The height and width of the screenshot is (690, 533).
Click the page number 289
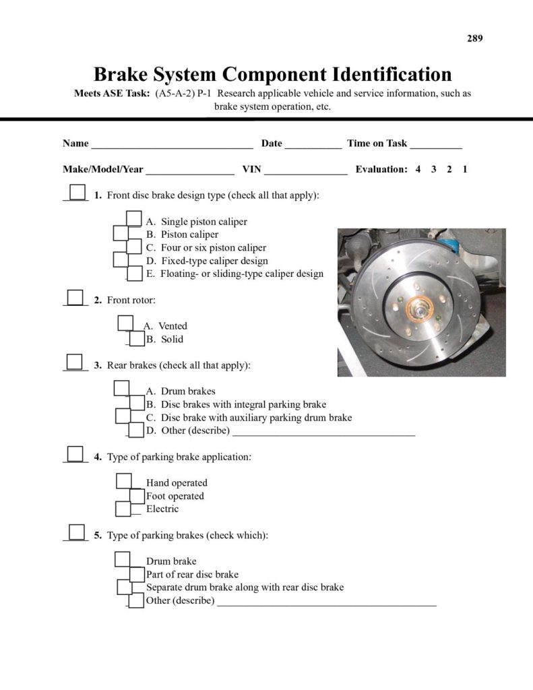click(474, 38)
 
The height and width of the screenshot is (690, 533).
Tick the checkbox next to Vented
click(125, 323)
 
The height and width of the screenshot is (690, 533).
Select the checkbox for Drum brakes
click(121, 388)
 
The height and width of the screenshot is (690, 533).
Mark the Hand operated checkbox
click(124, 481)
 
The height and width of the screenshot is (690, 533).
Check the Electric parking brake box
click(123, 509)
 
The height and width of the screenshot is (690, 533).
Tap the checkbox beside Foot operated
click(137, 496)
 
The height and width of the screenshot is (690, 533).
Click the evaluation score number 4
click(418, 169)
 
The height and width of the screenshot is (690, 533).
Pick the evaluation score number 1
click(465, 169)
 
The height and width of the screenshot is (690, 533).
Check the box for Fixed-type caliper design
click(121, 259)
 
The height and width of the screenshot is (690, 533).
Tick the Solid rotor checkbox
click(137, 339)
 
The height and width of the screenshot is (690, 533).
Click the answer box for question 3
click(75, 362)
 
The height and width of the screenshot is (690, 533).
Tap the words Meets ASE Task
click(111, 94)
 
